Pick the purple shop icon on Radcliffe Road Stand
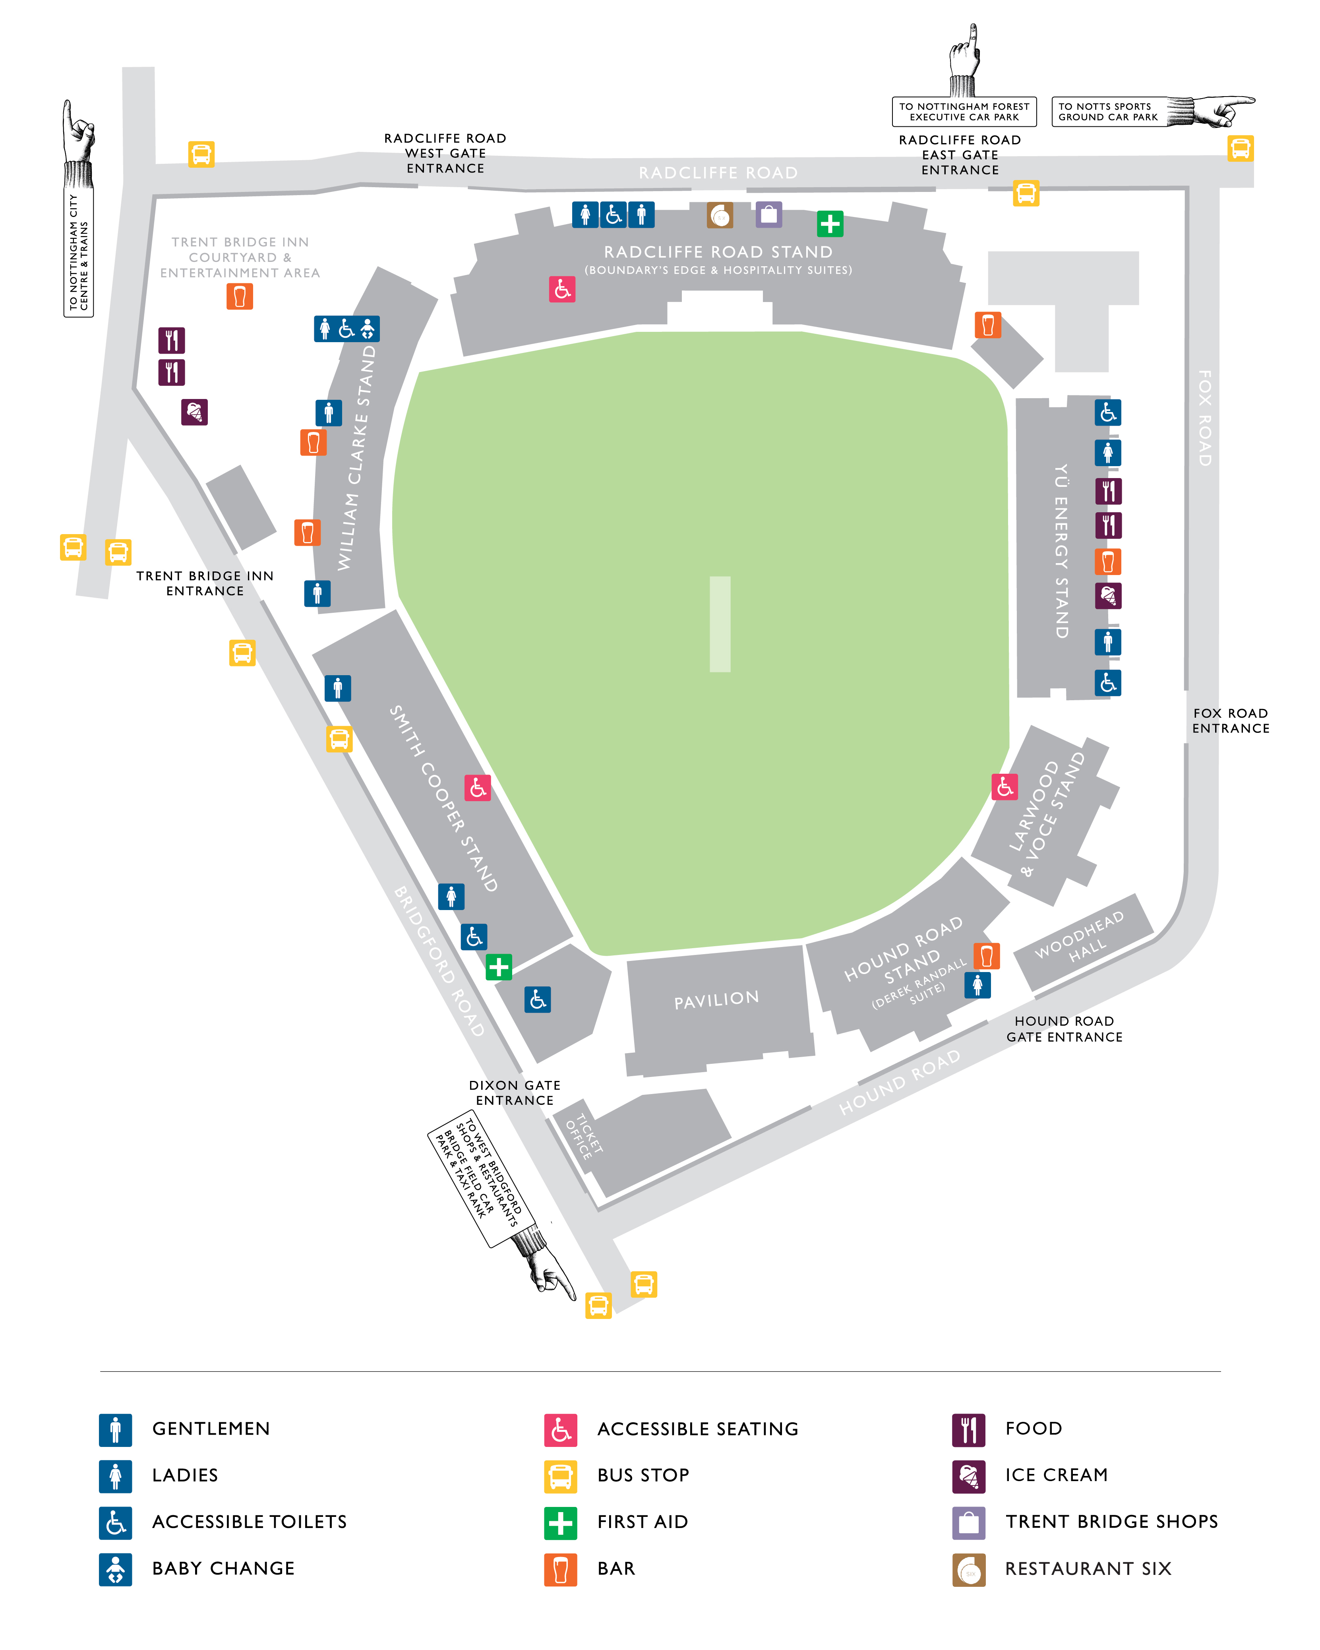click(769, 215)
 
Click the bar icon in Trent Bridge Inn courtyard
click(240, 296)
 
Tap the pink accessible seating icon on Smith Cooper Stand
click(478, 788)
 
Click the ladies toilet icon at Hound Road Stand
click(977, 985)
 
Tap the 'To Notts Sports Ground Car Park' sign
click(1109, 112)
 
